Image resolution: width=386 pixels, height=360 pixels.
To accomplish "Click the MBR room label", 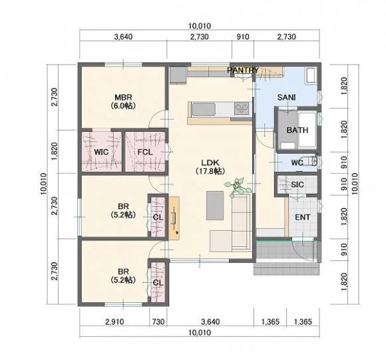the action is pos(123,97).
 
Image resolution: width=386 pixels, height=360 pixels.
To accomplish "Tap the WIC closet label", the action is pos(101,152).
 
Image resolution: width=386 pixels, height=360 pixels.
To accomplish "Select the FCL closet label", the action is pos(145,152).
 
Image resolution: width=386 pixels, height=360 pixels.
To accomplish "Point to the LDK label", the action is pos(210,162).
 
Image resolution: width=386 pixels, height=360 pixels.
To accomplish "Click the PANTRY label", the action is pos(243,70).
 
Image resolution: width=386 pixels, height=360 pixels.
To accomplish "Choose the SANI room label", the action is pos(287,97).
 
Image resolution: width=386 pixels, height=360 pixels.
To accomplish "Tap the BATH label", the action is pos(297,130).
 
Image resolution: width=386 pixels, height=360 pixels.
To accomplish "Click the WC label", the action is pos(297,162).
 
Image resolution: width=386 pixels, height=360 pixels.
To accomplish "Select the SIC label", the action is pos(297,184).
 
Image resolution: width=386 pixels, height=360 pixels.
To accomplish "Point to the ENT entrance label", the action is pos(303,218).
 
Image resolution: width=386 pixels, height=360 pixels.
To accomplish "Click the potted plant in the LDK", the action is pos(238,187).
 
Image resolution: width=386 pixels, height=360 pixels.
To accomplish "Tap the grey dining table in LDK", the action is pos(215,206).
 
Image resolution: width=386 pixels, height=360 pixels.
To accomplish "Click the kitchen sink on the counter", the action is pos(204,109).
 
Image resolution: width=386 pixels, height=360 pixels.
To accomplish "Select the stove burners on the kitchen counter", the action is pos(242,108).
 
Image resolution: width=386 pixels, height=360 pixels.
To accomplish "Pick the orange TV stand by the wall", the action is pos(174,218).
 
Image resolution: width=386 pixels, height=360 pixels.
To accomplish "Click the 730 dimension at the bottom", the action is pos(158,321).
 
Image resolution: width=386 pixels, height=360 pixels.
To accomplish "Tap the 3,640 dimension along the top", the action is pos(123,37).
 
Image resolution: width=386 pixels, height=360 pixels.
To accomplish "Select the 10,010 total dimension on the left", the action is pos(43,184).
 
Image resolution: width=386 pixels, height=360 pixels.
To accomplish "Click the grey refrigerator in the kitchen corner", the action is pos(178,75).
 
